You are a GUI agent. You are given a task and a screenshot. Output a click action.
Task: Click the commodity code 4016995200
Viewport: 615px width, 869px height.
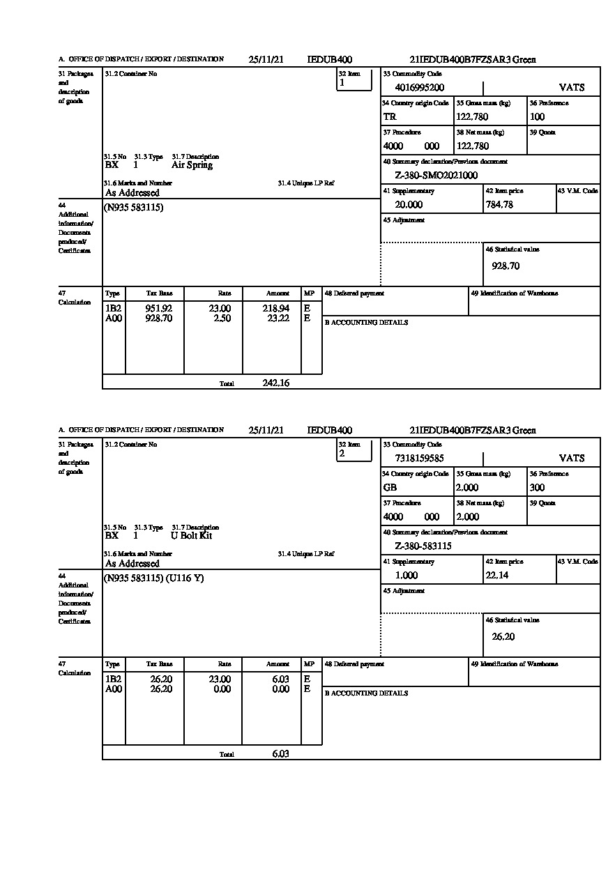click(x=419, y=88)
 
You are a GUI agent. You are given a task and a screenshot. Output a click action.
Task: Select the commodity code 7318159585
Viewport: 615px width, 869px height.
click(x=419, y=459)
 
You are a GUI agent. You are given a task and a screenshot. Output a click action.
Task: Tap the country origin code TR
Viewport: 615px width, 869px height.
click(x=389, y=117)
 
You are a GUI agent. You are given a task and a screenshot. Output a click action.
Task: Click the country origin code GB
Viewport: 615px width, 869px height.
click(x=390, y=488)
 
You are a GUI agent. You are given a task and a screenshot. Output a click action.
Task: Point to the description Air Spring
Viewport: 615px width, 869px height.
click(x=192, y=165)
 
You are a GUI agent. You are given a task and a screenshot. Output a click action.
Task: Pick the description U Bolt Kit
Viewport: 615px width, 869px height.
click(x=191, y=536)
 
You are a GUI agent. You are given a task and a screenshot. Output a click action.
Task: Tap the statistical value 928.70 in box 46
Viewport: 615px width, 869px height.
click(x=506, y=266)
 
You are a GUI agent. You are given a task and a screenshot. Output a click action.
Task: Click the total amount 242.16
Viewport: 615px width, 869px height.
click(x=276, y=383)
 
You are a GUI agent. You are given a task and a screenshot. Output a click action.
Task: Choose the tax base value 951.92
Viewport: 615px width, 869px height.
click(x=159, y=308)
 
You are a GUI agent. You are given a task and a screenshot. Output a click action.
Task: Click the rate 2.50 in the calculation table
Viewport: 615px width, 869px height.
click(x=222, y=318)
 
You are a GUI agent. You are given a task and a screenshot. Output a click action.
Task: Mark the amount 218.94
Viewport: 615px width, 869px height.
click(x=277, y=308)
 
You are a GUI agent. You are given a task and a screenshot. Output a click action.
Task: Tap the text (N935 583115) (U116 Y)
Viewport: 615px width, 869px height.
click(x=154, y=578)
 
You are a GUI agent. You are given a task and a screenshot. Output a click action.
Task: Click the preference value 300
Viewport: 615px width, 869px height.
click(x=537, y=488)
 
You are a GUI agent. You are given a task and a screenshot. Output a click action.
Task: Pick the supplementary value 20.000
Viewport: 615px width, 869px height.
click(x=409, y=205)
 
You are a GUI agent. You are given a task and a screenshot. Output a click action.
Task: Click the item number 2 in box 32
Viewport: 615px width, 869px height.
click(x=342, y=454)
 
